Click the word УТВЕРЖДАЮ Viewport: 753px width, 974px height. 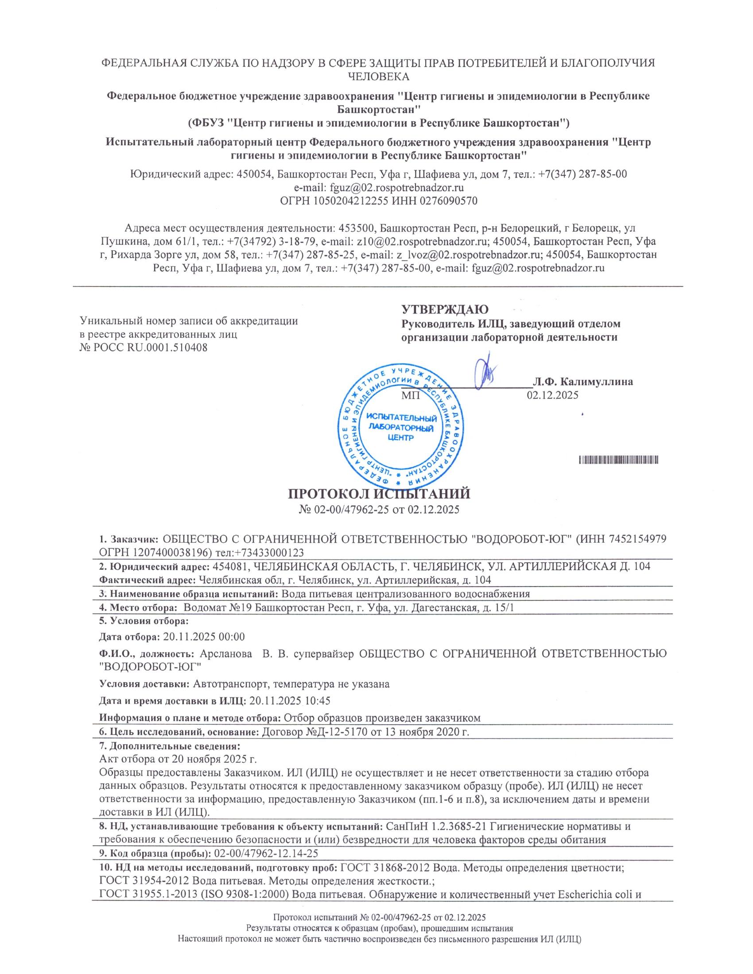tap(445, 309)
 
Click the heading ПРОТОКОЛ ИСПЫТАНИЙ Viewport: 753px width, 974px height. tap(379, 494)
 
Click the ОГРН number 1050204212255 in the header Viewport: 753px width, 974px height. tap(351, 201)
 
